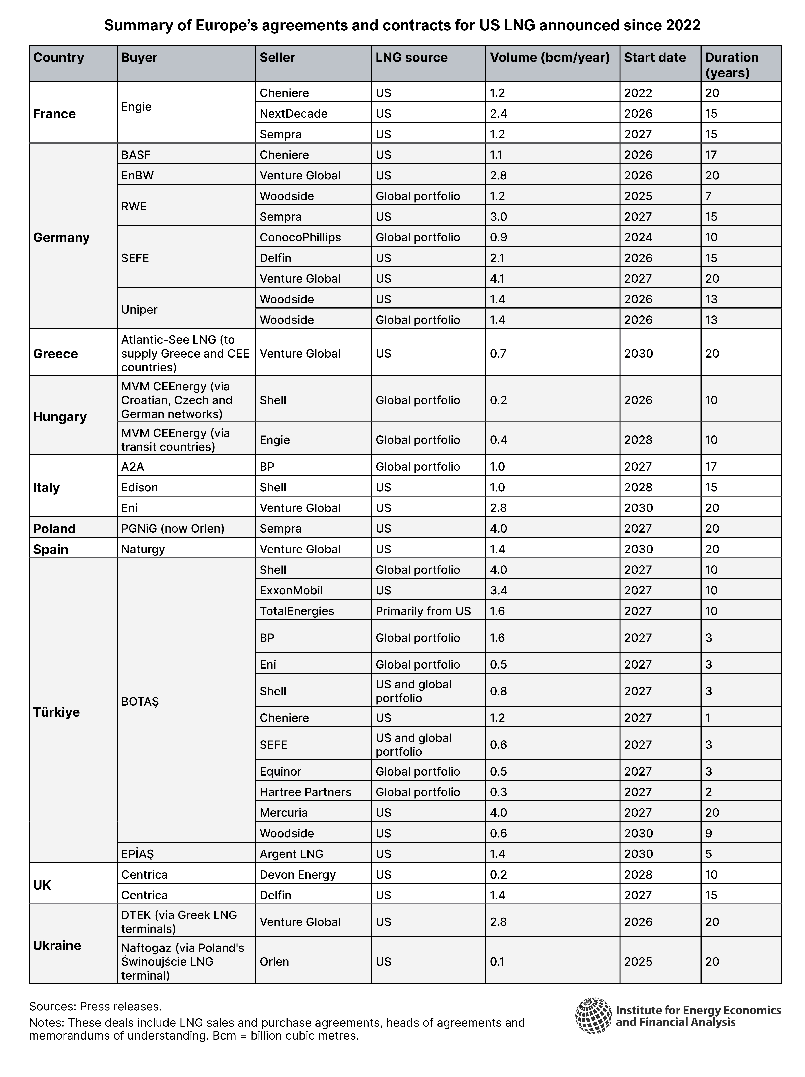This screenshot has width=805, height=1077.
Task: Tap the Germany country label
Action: pos(61,238)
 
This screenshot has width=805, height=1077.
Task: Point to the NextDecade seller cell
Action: pos(293,113)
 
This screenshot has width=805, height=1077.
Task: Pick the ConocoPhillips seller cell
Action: pos(300,238)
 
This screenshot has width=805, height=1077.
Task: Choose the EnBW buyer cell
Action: pos(137,175)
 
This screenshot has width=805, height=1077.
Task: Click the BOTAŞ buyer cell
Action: pos(140,701)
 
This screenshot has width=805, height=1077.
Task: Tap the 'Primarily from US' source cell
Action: pos(423,611)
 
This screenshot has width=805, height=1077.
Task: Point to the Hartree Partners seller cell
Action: pos(305,792)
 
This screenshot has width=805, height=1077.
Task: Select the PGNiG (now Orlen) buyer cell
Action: pos(172,528)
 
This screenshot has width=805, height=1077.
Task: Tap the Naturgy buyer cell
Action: pos(143,549)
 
